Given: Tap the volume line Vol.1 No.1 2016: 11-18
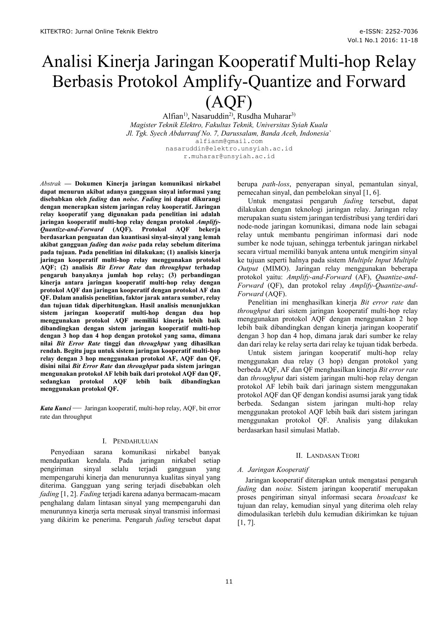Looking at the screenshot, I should coord(382,40).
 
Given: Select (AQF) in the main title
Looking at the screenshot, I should coord(229,102).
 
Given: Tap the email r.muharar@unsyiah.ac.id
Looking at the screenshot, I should coord(229,156).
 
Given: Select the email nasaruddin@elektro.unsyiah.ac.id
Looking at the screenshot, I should coord(229,149).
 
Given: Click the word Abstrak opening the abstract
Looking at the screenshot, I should coord(51,184).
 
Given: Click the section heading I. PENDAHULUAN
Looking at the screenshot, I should coord(130,441).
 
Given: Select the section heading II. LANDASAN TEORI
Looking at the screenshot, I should coord(327,456).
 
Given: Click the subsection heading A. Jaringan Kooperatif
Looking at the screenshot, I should coord(273,469).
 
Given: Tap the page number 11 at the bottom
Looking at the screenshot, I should coord(229,581).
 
